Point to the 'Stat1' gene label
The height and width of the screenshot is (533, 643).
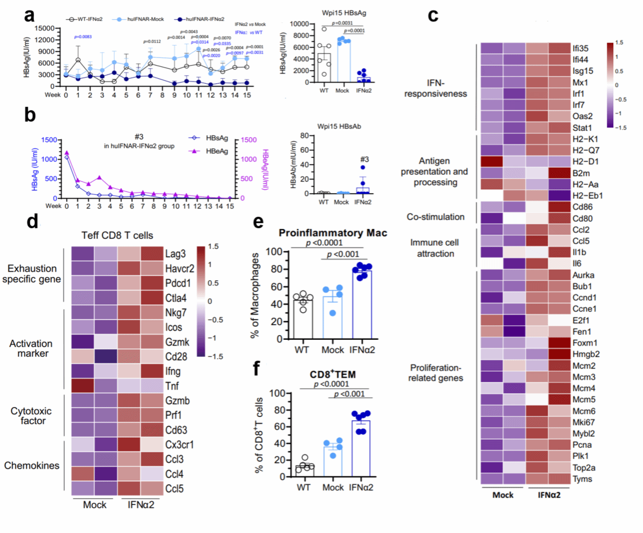pyautogui.click(x=579, y=126)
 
